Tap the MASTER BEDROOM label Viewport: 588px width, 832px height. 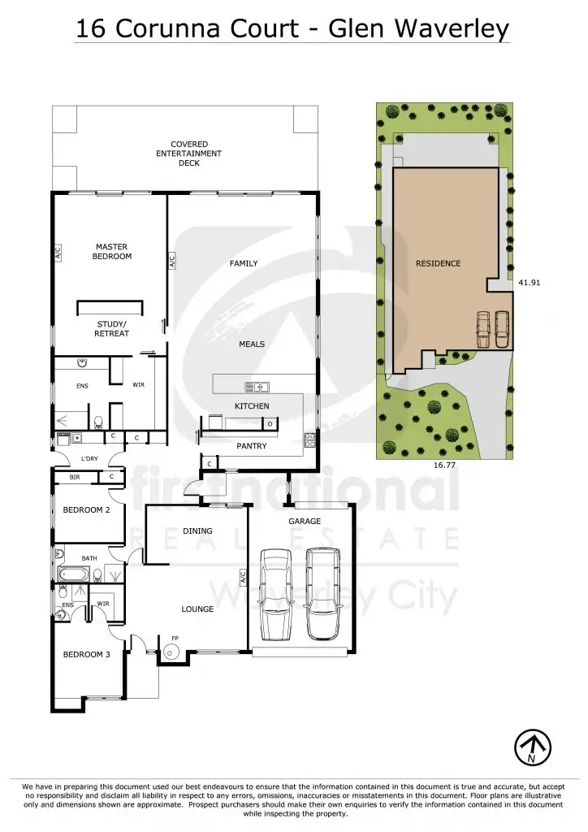click(112, 251)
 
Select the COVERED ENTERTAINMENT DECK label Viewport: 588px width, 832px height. click(188, 154)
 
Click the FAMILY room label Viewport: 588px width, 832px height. click(244, 263)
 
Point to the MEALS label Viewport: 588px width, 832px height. click(252, 344)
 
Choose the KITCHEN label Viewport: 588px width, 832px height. click(252, 405)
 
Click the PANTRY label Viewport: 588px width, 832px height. click(252, 446)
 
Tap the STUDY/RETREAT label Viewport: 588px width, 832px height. click(112, 328)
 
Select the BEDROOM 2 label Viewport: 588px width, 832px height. click(86, 510)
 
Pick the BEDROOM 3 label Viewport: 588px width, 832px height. click(86, 654)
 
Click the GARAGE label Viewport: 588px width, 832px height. click(305, 521)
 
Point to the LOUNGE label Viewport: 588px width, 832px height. click(197, 609)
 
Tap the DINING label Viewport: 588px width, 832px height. click(197, 531)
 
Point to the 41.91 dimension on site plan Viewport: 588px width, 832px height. click(529, 283)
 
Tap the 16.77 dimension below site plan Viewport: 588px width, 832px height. click(443, 467)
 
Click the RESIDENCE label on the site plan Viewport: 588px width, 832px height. click(438, 263)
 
